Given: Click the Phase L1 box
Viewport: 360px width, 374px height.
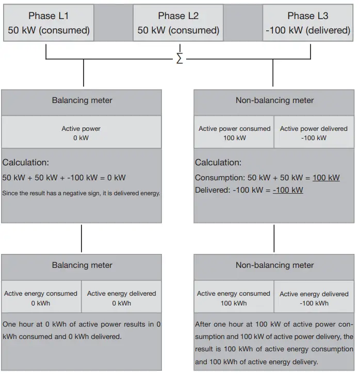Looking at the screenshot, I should [x=48, y=23].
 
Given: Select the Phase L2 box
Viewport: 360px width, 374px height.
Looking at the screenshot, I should [x=178, y=23].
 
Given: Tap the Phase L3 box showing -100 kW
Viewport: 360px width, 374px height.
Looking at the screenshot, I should [x=308, y=23].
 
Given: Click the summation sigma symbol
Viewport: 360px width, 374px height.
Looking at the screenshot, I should [x=179, y=59].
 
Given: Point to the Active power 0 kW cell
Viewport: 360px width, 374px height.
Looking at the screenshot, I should [x=81, y=133].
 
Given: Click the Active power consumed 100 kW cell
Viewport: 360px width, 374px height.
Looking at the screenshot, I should [x=234, y=133].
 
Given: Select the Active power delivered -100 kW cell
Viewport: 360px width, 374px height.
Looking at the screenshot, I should [x=314, y=133].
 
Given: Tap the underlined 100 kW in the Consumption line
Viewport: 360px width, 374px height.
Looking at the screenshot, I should [x=326, y=178].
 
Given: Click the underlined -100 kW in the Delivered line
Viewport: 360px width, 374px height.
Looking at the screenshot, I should [x=288, y=190].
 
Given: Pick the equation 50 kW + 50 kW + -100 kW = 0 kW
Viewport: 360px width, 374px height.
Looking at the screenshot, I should [x=64, y=178].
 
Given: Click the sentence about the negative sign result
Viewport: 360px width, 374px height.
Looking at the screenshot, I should [x=81, y=193].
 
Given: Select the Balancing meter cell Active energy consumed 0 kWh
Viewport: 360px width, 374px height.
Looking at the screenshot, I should [x=41, y=298].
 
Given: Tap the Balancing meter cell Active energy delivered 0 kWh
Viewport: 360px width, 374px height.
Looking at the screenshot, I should [x=121, y=298].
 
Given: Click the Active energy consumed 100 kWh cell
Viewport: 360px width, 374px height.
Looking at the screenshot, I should [x=234, y=298].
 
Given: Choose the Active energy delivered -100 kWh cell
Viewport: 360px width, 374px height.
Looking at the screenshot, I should [x=314, y=298].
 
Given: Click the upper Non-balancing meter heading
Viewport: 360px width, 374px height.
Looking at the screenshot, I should [x=274, y=100].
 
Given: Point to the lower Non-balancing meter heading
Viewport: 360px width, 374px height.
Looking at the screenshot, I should [x=274, y=265].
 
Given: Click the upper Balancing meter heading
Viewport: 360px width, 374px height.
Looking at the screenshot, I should [x=81, y=100].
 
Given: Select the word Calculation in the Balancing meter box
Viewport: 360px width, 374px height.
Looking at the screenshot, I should [x=25, y=163].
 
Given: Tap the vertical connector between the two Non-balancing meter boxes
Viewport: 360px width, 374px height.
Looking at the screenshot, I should [x=274, y=238].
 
